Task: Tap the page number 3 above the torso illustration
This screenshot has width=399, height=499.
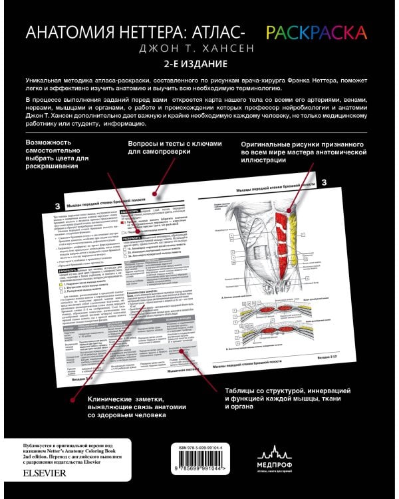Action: coord(325,182)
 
